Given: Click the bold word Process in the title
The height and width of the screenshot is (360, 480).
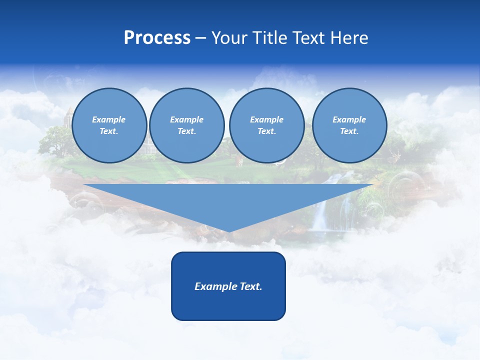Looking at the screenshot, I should pyautogui.click(x=157, y=38).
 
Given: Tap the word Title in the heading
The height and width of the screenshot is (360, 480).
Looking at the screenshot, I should pyautogui.click(x=272, y=38).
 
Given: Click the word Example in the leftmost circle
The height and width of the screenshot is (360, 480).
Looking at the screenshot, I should pyautogui.click(x=109, y=119).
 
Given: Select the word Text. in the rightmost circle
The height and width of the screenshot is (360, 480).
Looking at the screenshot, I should pyautogui.click(x=349, y=131).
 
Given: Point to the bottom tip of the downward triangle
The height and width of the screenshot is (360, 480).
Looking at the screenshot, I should pyautogui.click(x=229, y=231).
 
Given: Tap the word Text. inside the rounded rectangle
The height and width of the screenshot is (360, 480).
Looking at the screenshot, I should pyautogui.click(x=251, y=286).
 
